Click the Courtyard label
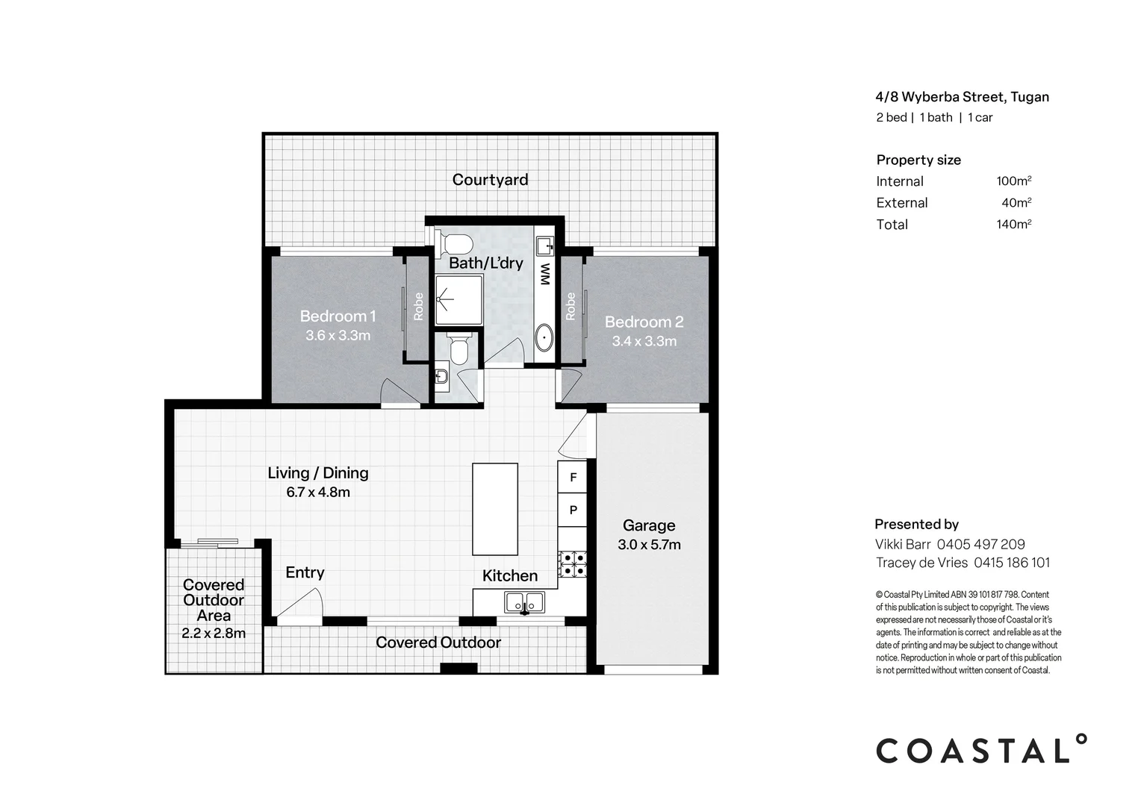(490, 180)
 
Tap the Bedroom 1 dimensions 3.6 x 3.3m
(338, 336)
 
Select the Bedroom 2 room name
(644, 322)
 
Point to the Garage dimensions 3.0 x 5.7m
(649, 545)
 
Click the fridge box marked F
(573, 477)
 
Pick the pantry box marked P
(573, 510)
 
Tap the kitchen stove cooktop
(573, 564)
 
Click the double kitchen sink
(524, 602)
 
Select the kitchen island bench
(494, 509)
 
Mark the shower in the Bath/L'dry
(459, 300)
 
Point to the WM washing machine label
(545, 274)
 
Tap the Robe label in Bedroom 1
(418, 307)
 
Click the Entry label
(305, 573)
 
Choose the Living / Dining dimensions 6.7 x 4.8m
(318, 493)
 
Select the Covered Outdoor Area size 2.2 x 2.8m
(214, 634)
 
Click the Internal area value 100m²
(1013, 181)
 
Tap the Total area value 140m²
(1013, 224)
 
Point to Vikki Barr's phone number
(981, 544)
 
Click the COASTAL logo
(981, 749)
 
